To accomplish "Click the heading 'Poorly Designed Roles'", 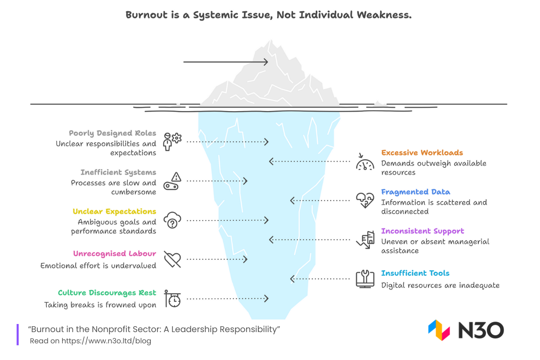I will click(x=112, y=133).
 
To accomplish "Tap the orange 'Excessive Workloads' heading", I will click(x=422, y=153).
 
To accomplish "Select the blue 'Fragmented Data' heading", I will click(x=415, y=192).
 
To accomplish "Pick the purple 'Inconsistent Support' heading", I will click(x=423, y=231).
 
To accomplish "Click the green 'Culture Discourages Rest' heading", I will click(x=107, y=292).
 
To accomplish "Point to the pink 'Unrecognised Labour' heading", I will click(x=115, y=253).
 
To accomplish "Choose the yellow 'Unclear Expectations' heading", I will click(x=114, y=211).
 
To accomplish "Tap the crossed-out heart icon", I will click(x=172, y=260).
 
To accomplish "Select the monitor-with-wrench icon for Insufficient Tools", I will click(x=365, y=279).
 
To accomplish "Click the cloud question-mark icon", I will click(x=172, y=220).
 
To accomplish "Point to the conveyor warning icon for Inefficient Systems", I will click(x=172, y=181).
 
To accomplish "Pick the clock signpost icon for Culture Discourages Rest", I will click(x=172, y=298).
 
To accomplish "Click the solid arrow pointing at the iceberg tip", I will click(x=225, y=62).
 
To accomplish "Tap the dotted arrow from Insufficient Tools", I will click(x=320, y=279).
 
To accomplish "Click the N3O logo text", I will click(x=481, y=331).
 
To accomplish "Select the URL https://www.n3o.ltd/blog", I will click(x=106, y=341).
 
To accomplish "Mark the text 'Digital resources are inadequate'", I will click(x=440, y=285).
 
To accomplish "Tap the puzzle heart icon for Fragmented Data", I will click(x=365, y=200).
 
